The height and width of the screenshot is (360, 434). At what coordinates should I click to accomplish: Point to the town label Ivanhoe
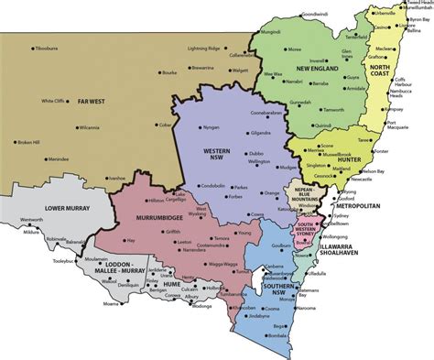pos(115,178)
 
